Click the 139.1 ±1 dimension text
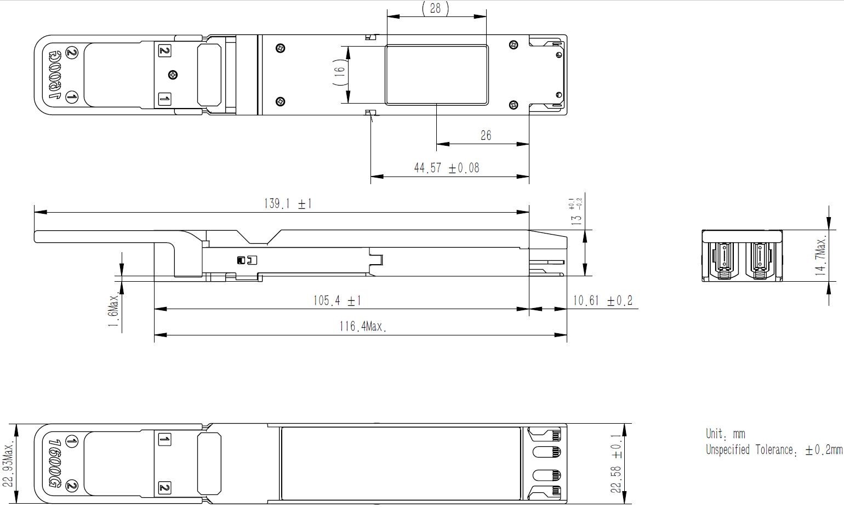pos(288,204)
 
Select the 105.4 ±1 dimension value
pos(337,300)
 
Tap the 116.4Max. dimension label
pos(362,327)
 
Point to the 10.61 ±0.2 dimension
pos(602,300)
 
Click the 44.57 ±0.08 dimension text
pos(446,168)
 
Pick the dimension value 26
pos(486,135)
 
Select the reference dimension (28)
pos(435,8)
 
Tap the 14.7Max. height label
pos(820,255)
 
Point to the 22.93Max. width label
pos(8,463)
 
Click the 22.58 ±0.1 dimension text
pos(617,464)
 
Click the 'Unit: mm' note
pos(725,434)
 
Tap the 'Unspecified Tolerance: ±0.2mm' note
pos(773,450)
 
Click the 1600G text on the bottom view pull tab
pos(55,463)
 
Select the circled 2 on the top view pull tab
pos(72,53)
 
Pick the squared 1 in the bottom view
pos(164,439)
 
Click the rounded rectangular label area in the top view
pos(436,75)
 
